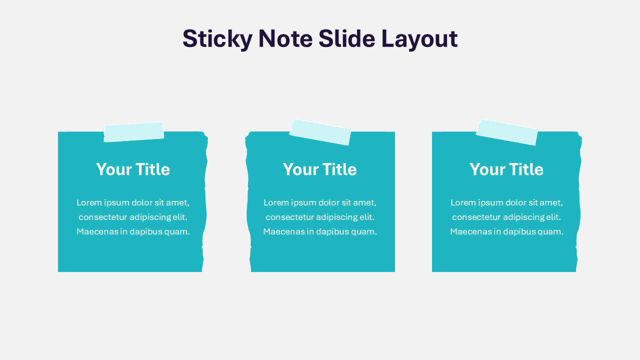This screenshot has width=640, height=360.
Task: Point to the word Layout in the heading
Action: coord(419,39)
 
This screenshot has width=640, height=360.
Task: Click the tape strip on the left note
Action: coord(133,132)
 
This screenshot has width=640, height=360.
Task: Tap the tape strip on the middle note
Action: coord(320,132)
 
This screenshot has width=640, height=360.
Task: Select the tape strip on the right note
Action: coord(507,132)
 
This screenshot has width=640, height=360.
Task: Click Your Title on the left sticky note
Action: coord(133,169)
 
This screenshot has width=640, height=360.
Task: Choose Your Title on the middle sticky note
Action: coord(320,169)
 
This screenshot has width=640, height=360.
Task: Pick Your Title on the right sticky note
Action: coord(506,169)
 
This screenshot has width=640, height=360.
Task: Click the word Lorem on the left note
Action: coord(88,202)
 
